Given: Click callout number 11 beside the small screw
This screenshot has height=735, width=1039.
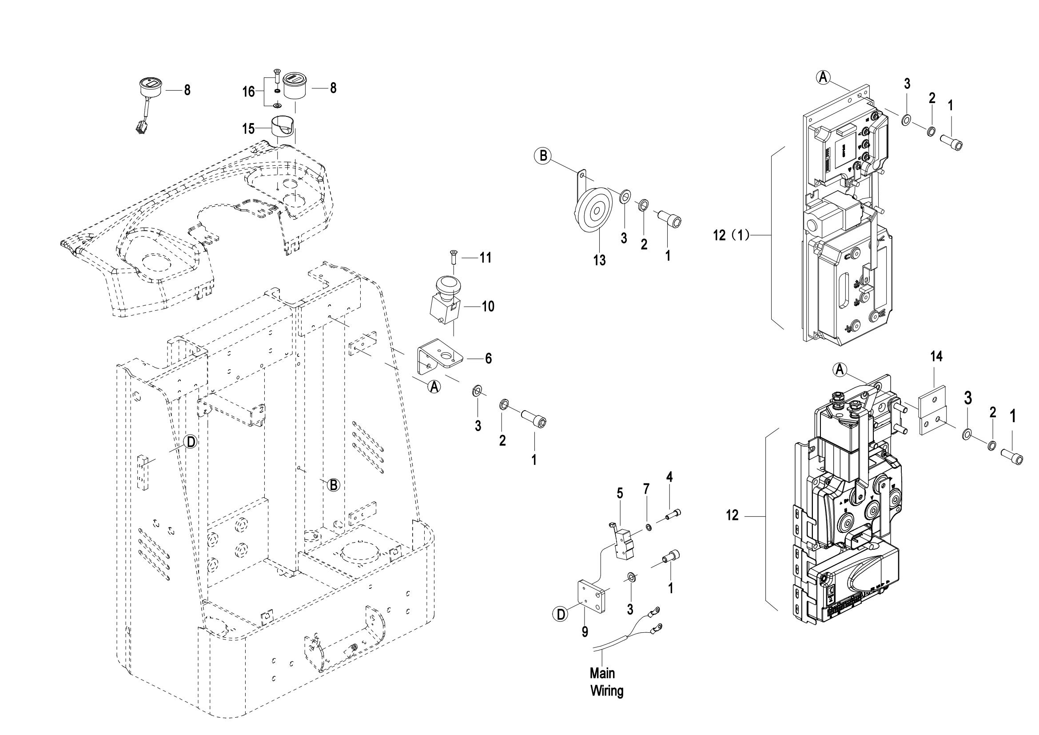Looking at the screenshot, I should point(486,258).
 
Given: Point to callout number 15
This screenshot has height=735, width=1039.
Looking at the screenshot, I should point(248,128).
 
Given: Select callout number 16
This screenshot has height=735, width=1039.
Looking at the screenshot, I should point(248,92).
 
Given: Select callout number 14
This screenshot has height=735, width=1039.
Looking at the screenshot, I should point(936,357).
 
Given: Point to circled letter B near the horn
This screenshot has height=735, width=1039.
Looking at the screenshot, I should point(542,156).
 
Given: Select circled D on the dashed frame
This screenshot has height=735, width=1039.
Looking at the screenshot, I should point(191,442).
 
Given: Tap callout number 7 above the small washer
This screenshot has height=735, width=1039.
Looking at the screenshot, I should point(646,489).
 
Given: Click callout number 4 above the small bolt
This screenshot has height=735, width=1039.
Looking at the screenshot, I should point(669,477).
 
